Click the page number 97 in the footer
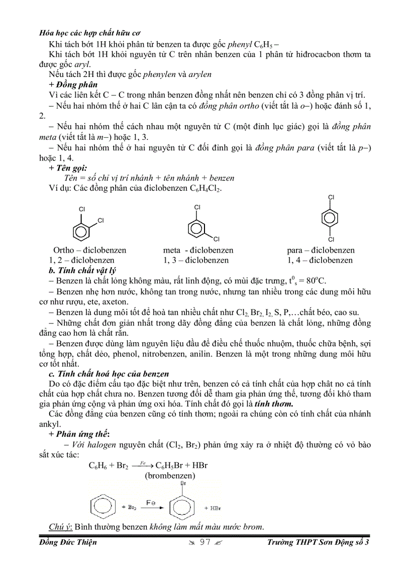coord(204,542)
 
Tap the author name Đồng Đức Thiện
coord(68,542)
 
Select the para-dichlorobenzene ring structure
coord(331,218)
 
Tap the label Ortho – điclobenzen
coord(90,250)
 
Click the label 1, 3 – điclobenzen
coord(196,260)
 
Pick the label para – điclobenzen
coord(321,250)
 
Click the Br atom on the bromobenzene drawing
coord(183,483)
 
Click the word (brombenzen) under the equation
coord(170,475)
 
